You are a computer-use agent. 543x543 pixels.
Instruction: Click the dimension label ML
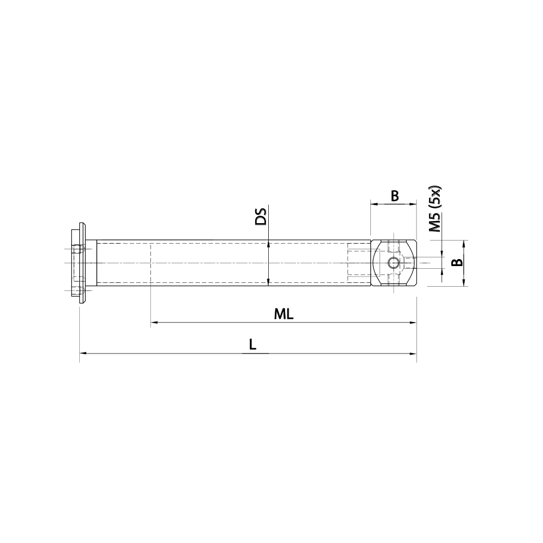point(283,314)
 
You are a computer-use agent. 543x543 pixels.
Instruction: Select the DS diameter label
point(262,217)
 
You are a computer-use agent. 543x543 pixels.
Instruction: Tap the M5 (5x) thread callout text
point(436,209)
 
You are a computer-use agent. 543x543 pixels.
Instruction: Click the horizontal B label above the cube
point(395,195)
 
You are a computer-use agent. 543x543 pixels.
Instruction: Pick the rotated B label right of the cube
point(458,263)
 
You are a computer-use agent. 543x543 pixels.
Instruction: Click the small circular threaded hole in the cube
point(394,263)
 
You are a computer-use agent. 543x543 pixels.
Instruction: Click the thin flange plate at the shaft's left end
point(82,263)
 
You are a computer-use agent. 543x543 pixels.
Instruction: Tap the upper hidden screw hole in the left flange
point(77,250)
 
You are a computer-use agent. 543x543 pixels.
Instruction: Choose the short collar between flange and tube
point(91,263)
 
